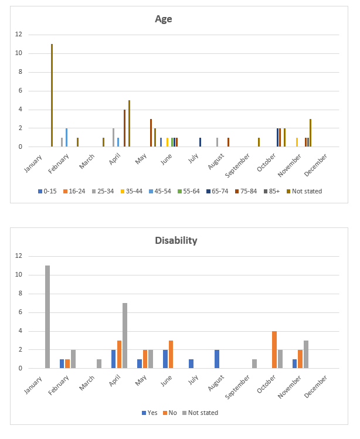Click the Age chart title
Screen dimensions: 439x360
pyautogui.click(x=163, y=19)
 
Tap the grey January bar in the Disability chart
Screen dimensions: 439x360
pyautogui.click(x=47, y=317)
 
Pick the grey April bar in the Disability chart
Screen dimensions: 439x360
pyautogui.click(x=125, y=335)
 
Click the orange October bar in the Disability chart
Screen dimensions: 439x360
pyautogui.click(x=274, y=349)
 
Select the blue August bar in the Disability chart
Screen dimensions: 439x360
pyautogui.click(x=217, y=359)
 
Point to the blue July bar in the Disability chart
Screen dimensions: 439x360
pyautogui.click(x=191, y=363)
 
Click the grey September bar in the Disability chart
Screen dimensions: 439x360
pyautogui.click(x=254, y=363)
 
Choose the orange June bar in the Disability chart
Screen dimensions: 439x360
pyautogui.click(x=171, y=354)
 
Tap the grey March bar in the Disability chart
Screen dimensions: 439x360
pyautogui.click(x=99, y=363)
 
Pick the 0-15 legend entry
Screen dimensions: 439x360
pyautogui.click(x=48, y=191)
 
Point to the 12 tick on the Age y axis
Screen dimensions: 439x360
pyautogui.click(x=19, y=35)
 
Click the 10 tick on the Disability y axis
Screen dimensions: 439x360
pyautogui.click(x=19, y=275)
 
